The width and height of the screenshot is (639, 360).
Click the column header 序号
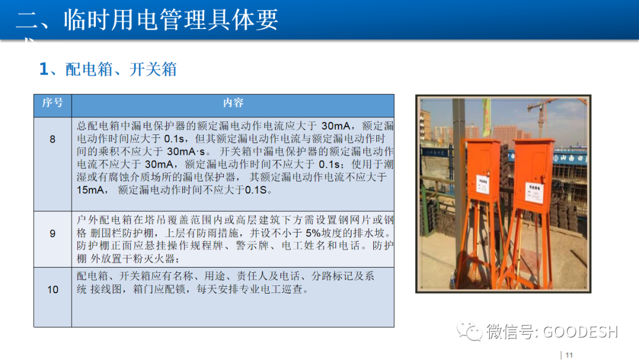(x=52, y=103)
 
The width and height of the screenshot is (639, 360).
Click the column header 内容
(x=233, y=103)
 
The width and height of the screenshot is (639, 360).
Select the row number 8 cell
(x=52, y=139)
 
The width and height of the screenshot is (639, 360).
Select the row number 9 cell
(x=52, y=234)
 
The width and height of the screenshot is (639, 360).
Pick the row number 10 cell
(x=52, y=290)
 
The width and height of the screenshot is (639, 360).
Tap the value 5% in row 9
(x=314, y=233)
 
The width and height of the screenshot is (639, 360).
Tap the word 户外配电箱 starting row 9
(x=104, y=220)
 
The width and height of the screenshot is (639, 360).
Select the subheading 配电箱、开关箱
(x=121, y=69)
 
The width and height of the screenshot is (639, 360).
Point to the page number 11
(x=569, y=355)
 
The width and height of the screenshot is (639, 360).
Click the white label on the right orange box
(x=535, y=190)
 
